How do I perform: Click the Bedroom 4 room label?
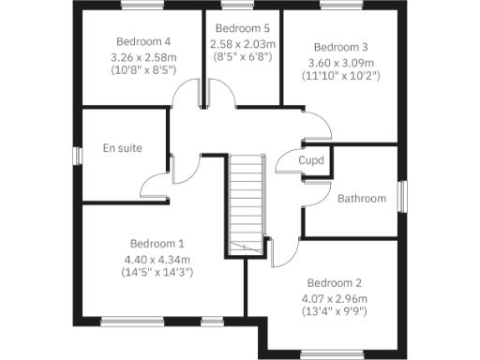(143, 41)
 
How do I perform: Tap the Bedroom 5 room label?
(243, 28)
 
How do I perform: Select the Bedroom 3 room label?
(340, 47)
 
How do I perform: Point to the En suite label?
(122, 148)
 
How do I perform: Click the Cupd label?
(311, 160)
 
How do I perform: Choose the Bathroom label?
(362, 199)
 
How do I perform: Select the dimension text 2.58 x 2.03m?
(243, 43)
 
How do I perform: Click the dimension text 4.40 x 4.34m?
(157, 259)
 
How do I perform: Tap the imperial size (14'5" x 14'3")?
(157, 273)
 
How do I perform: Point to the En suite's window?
(76, 156)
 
